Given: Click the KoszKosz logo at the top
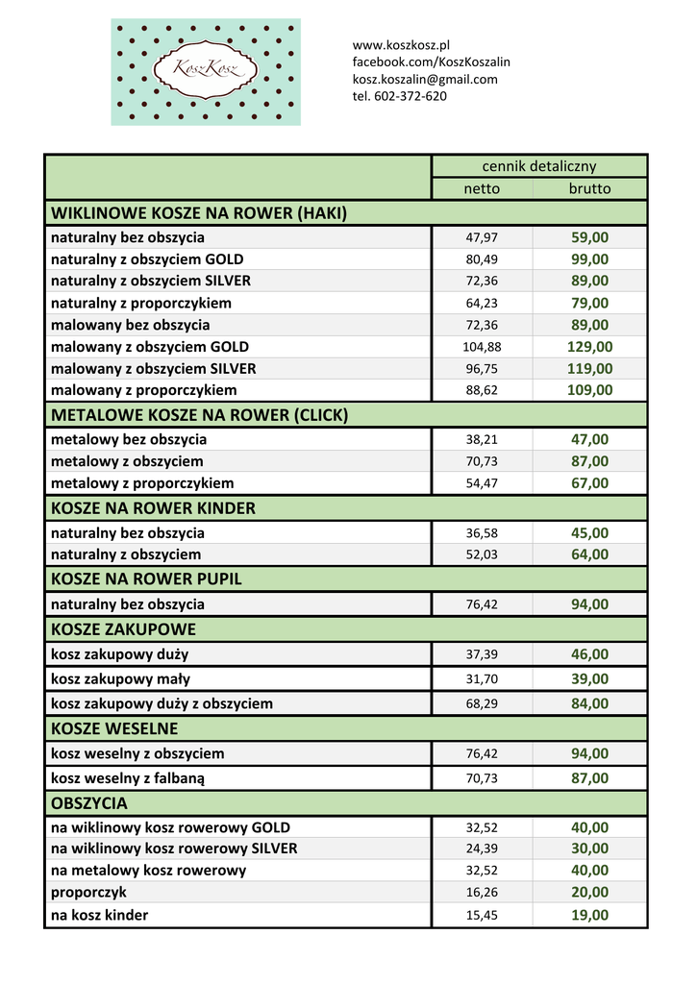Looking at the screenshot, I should (206, 72).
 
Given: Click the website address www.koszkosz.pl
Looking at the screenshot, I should (402, 45).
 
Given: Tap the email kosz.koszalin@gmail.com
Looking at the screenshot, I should (425, 80).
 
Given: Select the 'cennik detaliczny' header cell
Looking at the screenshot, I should (538, 166).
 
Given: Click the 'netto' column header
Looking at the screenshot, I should (482, 188).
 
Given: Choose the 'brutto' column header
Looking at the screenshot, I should (589, 188).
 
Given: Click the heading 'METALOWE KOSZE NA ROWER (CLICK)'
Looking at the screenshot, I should (199, 415).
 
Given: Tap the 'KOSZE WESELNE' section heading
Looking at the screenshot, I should (114, 728).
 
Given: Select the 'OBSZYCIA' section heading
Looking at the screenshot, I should (89, 802).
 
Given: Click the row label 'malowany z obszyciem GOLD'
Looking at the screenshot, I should (150, 347).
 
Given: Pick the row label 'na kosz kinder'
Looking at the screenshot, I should (100, 915).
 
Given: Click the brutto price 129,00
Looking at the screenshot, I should (589, 347).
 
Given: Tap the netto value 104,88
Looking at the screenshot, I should (482, 347).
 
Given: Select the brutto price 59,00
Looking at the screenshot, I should (589, 237).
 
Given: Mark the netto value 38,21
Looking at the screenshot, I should (482, 440).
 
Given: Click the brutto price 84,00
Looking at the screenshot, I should (589, 703).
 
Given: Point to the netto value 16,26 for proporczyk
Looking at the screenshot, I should (482, 893).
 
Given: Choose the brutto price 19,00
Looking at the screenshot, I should (589, 915).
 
